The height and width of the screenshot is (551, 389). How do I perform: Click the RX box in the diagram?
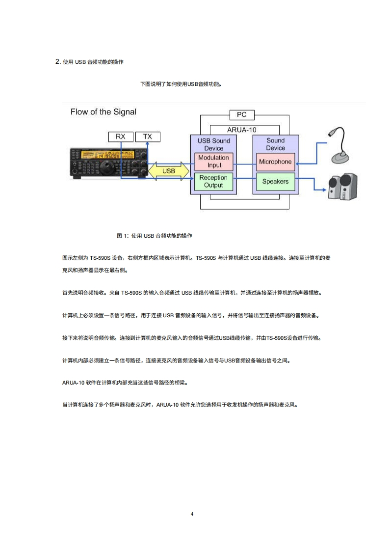pyautogui.click(x=120, y=137)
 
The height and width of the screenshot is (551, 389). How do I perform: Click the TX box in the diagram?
pyautogui.click(x=148, y=137)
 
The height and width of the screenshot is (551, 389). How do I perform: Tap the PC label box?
pyautogui.click(x=242, y=115)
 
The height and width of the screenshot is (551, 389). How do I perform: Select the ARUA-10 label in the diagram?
pyautogui.click(x=242, y=130)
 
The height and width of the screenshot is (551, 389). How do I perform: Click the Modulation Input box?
pyautogui.click(x=214, y=161)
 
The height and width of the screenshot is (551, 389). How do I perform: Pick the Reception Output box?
pyautogui.click(x=214, y=181)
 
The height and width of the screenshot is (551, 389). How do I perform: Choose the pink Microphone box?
pyautogui.click(x=275, y=162)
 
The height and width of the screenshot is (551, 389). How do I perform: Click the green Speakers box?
pyautogui.click(x=275, y=181)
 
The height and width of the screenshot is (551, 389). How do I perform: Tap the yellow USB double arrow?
pyautogui.click(x=169, y=171)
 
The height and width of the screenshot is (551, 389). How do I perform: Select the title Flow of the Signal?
pyautogui.click(x=104, y=112)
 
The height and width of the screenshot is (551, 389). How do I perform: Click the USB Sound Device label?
pyautogui.click(x=214, y=144)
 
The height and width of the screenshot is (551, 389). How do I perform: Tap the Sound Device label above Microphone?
pyautogui.click(x=275, y=144)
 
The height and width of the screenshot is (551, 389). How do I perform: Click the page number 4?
pyautogui.click(x=192, y=514)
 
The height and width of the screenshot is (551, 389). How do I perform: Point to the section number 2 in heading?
pyautogui.click(x=57, y=61)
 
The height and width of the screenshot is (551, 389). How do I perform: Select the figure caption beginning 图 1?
pyautogui.click(x=155, y=236)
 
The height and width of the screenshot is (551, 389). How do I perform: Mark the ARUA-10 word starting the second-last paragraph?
pyautogui.click(x=73, y=382)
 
